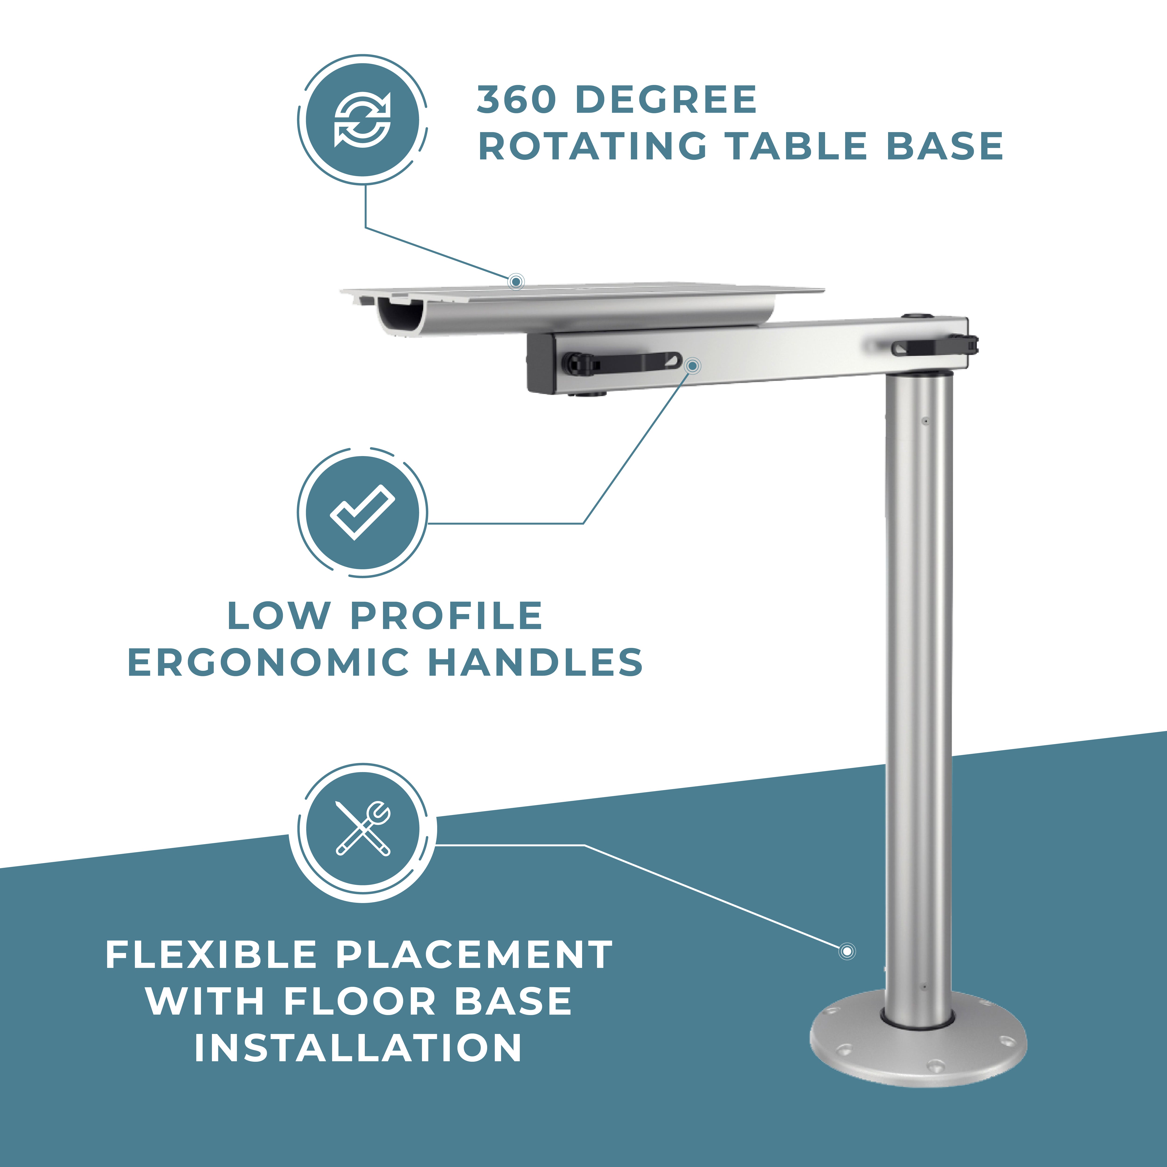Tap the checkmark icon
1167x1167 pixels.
pyautogui.click(x=362, y=512)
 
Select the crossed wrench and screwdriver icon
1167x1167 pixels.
pyautogui.click(x=363, y=828)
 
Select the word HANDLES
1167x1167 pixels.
pyautogui.click(x=535, y=663)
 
